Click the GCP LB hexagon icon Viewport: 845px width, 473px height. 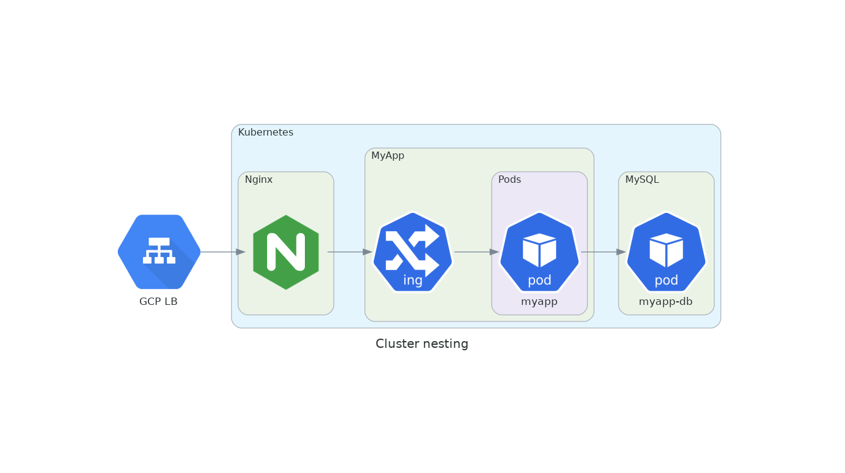pos(159,252)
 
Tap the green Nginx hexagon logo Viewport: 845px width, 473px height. pos(286,252)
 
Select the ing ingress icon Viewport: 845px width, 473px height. pos(412,252)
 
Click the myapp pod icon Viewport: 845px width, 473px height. pos(539,252)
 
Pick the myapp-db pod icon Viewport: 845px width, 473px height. pos(666,252)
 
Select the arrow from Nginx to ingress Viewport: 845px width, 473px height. pos(349,252)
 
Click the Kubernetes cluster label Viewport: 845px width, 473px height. pos(266,133)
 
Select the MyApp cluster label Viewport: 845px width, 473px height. pos(388,156)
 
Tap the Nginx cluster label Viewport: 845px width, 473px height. pos(258,180)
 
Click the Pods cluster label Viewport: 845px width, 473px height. pos(509,180)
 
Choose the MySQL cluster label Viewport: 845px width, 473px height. pos(642,180)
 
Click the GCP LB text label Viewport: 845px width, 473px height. pos(158,302)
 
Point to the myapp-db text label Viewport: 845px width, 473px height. pos(666,302)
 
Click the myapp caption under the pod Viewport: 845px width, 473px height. pos(539,302)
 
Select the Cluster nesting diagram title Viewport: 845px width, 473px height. pos(422,344)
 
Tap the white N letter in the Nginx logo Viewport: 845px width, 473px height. pos(286,252)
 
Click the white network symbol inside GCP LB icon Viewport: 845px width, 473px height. pos(159,250)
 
